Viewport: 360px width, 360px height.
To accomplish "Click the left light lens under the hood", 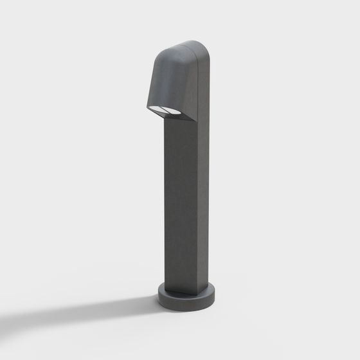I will click(158, 109).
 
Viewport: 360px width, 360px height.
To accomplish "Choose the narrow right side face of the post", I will click(203, 206).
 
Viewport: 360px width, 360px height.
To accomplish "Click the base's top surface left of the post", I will click(161, 291).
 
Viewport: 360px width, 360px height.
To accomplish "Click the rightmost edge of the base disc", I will click(214, 295).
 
